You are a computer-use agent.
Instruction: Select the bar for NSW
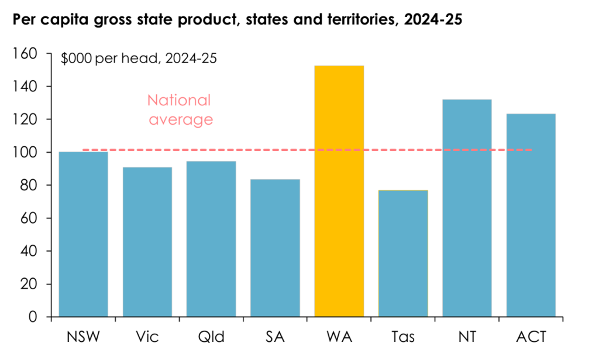click(x=83, y=234)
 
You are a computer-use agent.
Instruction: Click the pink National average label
click(x=180, y=110)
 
